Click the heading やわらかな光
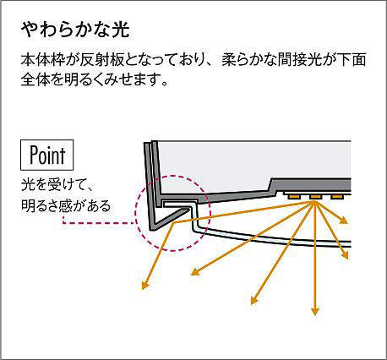(x=75, y=30)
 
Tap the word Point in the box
(x=47, y=155)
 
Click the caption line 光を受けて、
(x=57, y=185)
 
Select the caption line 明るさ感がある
(x=66, y=206)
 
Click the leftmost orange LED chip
(x=294, y=196)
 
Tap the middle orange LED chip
(x=315, y=196)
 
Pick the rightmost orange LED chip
(x=336, y=196)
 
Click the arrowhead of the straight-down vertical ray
(x=315, y=311)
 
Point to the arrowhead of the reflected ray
(x=145, y=285)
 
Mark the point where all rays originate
(x=315, y=202)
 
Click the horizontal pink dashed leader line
(x=99, y=223)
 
